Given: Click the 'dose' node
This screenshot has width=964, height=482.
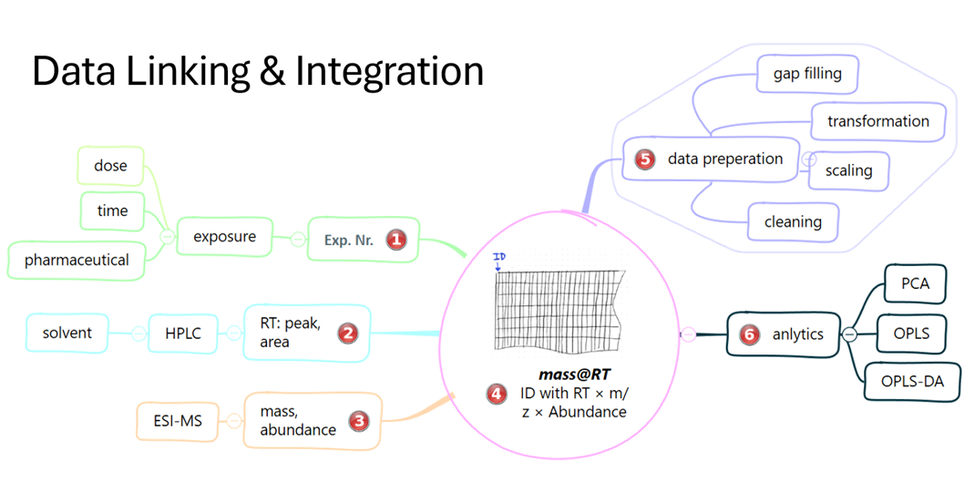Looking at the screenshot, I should pos(110,166).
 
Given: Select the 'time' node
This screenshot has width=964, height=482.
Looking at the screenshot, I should pos(112,210).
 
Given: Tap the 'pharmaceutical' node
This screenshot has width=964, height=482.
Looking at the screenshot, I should pos(77,260).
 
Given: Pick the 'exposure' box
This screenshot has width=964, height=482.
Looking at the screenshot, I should pos(224,237).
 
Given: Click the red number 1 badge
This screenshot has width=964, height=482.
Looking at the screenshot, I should pos(395,240).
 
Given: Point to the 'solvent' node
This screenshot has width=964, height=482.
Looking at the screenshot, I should pos(67,333).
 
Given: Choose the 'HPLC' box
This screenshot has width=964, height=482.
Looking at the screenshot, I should pos(182,333).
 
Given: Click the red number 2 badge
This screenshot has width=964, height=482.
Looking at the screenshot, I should pos(347,333).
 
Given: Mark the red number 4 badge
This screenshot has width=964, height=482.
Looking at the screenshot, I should pos(497,394).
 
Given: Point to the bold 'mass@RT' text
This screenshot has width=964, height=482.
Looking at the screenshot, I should pos(562,374).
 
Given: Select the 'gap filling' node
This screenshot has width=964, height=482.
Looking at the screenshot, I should pos(807,74).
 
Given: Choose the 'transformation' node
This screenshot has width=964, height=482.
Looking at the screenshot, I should pos(878,121).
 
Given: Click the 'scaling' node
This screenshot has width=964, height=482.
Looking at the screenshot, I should pos(848,170).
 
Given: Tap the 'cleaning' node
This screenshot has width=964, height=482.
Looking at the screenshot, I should pos(793,221).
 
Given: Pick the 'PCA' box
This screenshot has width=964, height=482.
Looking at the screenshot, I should pos(915,283).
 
